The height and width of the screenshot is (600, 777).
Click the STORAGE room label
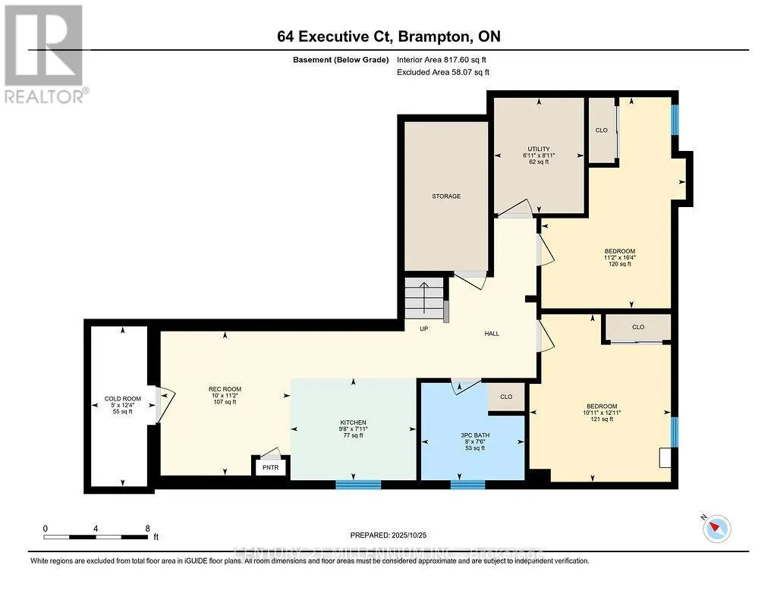(x=446, y=196)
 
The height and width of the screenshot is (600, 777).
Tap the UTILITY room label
(x=539, y=149)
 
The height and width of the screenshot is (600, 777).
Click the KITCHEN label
(x=353, y=423)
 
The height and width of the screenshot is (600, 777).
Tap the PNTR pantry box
(x=270, y=466)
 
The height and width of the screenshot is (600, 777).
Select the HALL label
(x=492, y=334)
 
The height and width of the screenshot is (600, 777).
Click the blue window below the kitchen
(x=357, y=484)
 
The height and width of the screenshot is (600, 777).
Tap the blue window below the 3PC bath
(x=467, y=484)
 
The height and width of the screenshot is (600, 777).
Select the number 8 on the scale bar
(x=147, y=528)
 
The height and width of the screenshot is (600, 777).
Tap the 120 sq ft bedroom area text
(x=619, y=264)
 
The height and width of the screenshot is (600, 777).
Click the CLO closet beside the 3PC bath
(x=506, y=397)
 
